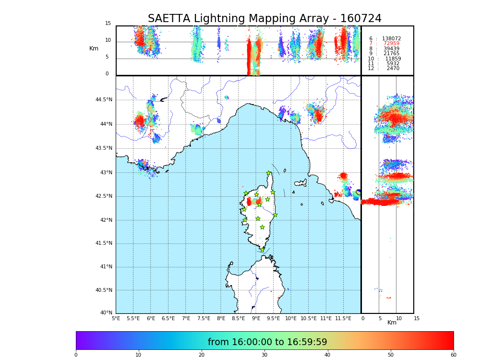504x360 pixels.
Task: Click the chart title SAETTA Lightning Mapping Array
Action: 264,19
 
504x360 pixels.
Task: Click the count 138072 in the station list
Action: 391,39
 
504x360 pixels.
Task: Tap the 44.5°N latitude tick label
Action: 104,100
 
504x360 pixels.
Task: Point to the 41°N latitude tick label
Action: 106,267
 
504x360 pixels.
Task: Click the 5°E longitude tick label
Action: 116,318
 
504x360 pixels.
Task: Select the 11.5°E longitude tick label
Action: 343,318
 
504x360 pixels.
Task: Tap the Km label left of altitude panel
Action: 94,48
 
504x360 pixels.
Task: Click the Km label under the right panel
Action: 392,323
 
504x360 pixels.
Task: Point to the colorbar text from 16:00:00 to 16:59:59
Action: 267,342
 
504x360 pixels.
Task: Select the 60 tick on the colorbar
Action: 453,355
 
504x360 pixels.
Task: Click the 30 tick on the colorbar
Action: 264,355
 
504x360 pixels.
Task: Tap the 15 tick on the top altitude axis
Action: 108,24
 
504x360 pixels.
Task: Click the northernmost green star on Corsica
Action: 269,173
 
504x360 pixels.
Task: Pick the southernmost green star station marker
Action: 262,250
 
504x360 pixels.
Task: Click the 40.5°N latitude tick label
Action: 104,290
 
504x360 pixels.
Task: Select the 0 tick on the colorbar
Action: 76,355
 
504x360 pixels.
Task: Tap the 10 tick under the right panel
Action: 399,318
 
